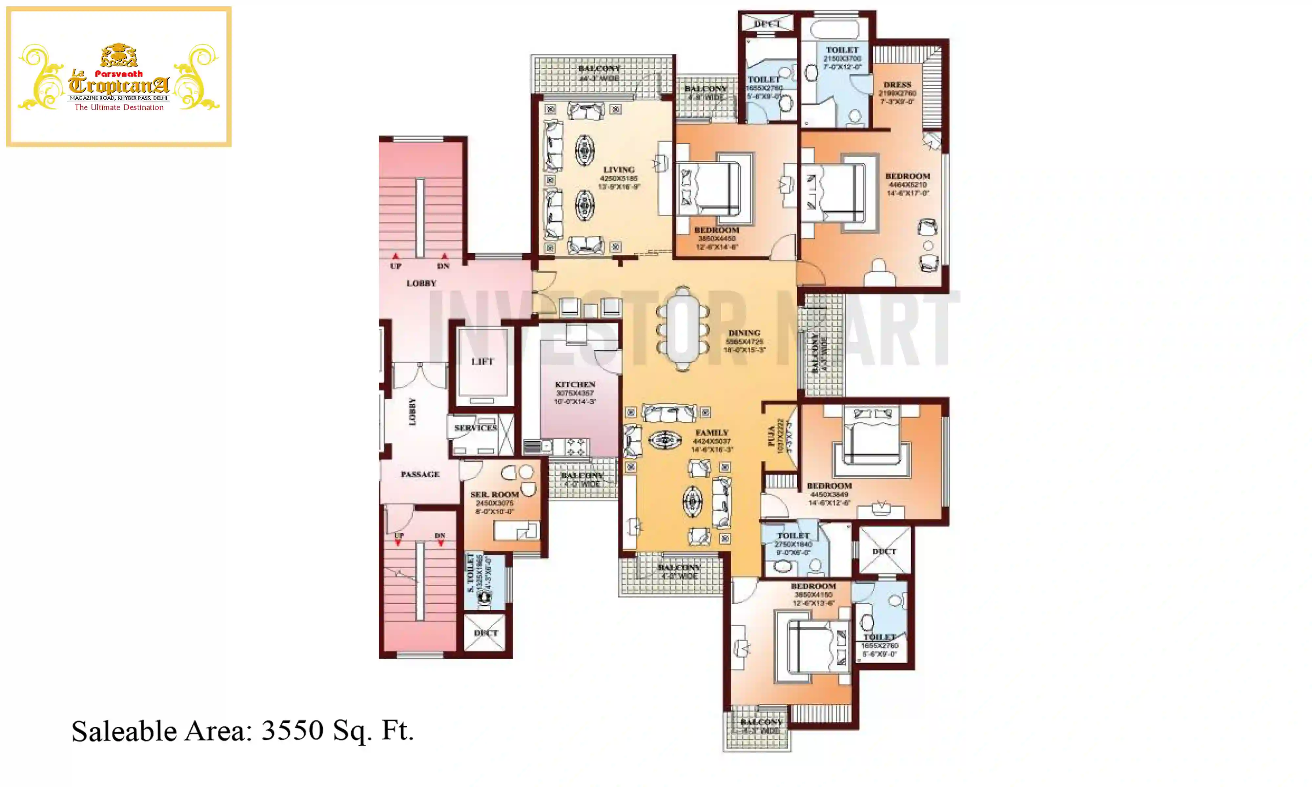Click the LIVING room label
[x=618, y=170]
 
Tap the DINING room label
[x=744, y=333]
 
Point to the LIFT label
[x=482, y=362]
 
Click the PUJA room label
[x=771, y=436]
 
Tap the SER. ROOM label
[x=494, y=494]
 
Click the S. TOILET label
[x=470, y=574]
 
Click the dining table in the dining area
[x=683, y=329]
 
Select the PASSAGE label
[x=420, y=474]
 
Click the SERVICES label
[x=475, y=428]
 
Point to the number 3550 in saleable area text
[x=292, y=731]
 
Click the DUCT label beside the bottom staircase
[x=485, y=633]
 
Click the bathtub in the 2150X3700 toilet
[x=834, y=29]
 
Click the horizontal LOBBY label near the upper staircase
[x=421, y=283]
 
